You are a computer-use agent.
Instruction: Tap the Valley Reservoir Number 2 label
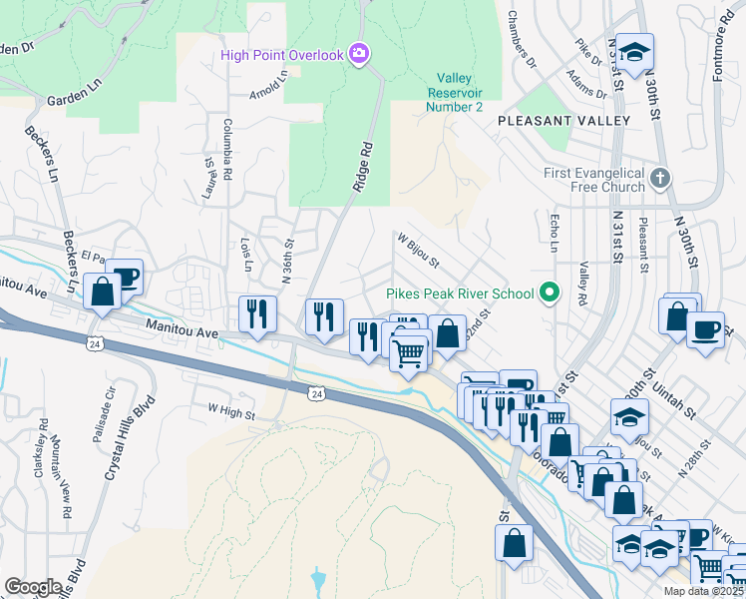(x=454, y=93)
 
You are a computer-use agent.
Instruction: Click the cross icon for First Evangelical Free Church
(x=658, y=180)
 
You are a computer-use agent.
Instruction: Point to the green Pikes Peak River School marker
(x=548, y=294)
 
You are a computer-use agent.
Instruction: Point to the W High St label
(x=231, y=409)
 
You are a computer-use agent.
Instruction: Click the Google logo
(x=33, y=587)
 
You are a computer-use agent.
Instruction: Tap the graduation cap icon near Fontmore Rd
(x=633, y=52)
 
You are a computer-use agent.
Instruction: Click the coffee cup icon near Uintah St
(x=706, y=328)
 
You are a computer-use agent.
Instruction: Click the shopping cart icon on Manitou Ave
(x=408, y=352)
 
